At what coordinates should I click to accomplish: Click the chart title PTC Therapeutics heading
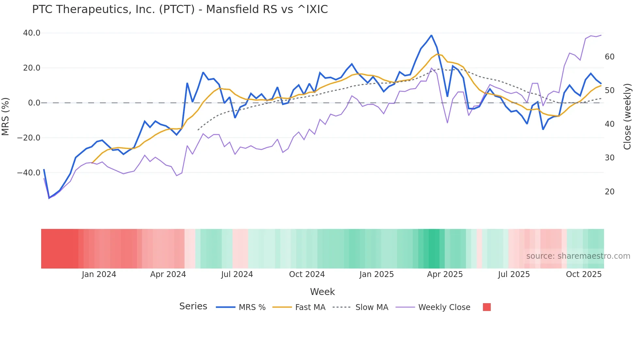[x=180, y=9]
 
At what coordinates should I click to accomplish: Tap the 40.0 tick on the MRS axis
[x=32, y=33]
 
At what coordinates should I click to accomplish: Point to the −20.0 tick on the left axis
[x=29, y=138]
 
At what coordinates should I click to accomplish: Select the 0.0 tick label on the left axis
[x=34, y=103]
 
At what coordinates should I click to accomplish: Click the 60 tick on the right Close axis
[x=609, y=57]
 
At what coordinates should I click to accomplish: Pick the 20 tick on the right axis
[x=609, y=192]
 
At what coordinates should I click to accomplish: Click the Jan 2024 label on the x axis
[x=99, y=274]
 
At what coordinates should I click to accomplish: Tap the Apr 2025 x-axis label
[x=445, y=274]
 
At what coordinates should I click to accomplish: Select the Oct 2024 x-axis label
[x=307, y=274]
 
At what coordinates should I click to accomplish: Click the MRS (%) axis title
[x=6, y=116]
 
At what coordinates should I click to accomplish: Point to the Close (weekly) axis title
[x=627, y=116]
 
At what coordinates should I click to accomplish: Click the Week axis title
[x=322, y=292]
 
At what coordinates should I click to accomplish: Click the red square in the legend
[x=487, y=307]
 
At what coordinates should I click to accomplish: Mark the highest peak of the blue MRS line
[x=431, y=35]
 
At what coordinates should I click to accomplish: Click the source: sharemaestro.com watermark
[x=578, y=256]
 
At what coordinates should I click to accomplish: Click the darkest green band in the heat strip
[x=434, y=249]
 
